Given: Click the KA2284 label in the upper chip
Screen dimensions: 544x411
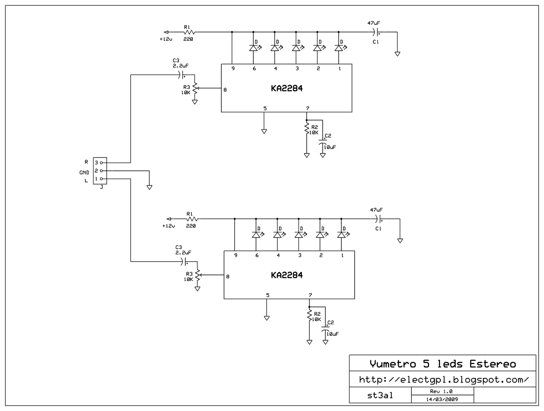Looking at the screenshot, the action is pos(287,88).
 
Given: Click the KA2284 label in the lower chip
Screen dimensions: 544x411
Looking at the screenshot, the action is pos(287,275).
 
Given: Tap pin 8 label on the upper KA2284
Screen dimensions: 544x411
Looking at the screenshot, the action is pos(225,90).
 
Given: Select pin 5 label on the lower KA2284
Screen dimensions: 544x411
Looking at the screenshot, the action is pos(268,295).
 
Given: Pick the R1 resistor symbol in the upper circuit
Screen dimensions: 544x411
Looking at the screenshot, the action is pos(189,32).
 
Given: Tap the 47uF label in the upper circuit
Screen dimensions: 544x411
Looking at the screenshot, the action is pos(373,23).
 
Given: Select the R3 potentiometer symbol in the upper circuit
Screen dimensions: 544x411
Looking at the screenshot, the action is pos(195,88).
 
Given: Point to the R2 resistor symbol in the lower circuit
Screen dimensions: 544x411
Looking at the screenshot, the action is pos(309,315).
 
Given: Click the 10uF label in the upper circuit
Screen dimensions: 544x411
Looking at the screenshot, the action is pos(330,147).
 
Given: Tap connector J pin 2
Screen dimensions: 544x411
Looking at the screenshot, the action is pos(101,171).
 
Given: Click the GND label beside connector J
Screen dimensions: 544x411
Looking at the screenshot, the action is pos(84,172).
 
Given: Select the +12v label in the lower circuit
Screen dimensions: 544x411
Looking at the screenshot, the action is pos(169,226).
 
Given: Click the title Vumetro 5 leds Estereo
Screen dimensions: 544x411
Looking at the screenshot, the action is pos(443,364).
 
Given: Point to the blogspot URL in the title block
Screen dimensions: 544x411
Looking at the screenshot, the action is pos(444,379).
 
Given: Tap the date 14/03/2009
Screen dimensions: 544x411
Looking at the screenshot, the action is pos(442,399).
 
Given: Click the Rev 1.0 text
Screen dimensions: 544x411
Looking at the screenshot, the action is pos(441,391).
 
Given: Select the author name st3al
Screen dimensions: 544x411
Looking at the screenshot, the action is pos(380,395).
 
